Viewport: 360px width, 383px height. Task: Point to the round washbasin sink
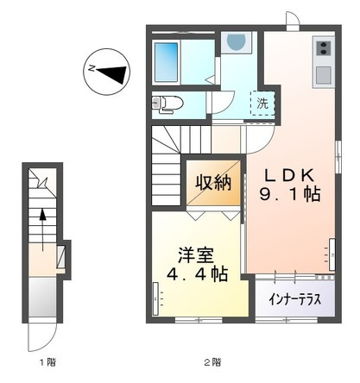point(235,42)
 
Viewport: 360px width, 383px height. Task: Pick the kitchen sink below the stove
point(323,74)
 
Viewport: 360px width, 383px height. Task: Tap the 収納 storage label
point(212,182)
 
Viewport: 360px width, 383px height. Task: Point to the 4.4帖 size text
point(197,275)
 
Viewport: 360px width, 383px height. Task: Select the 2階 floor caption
point(212,362)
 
